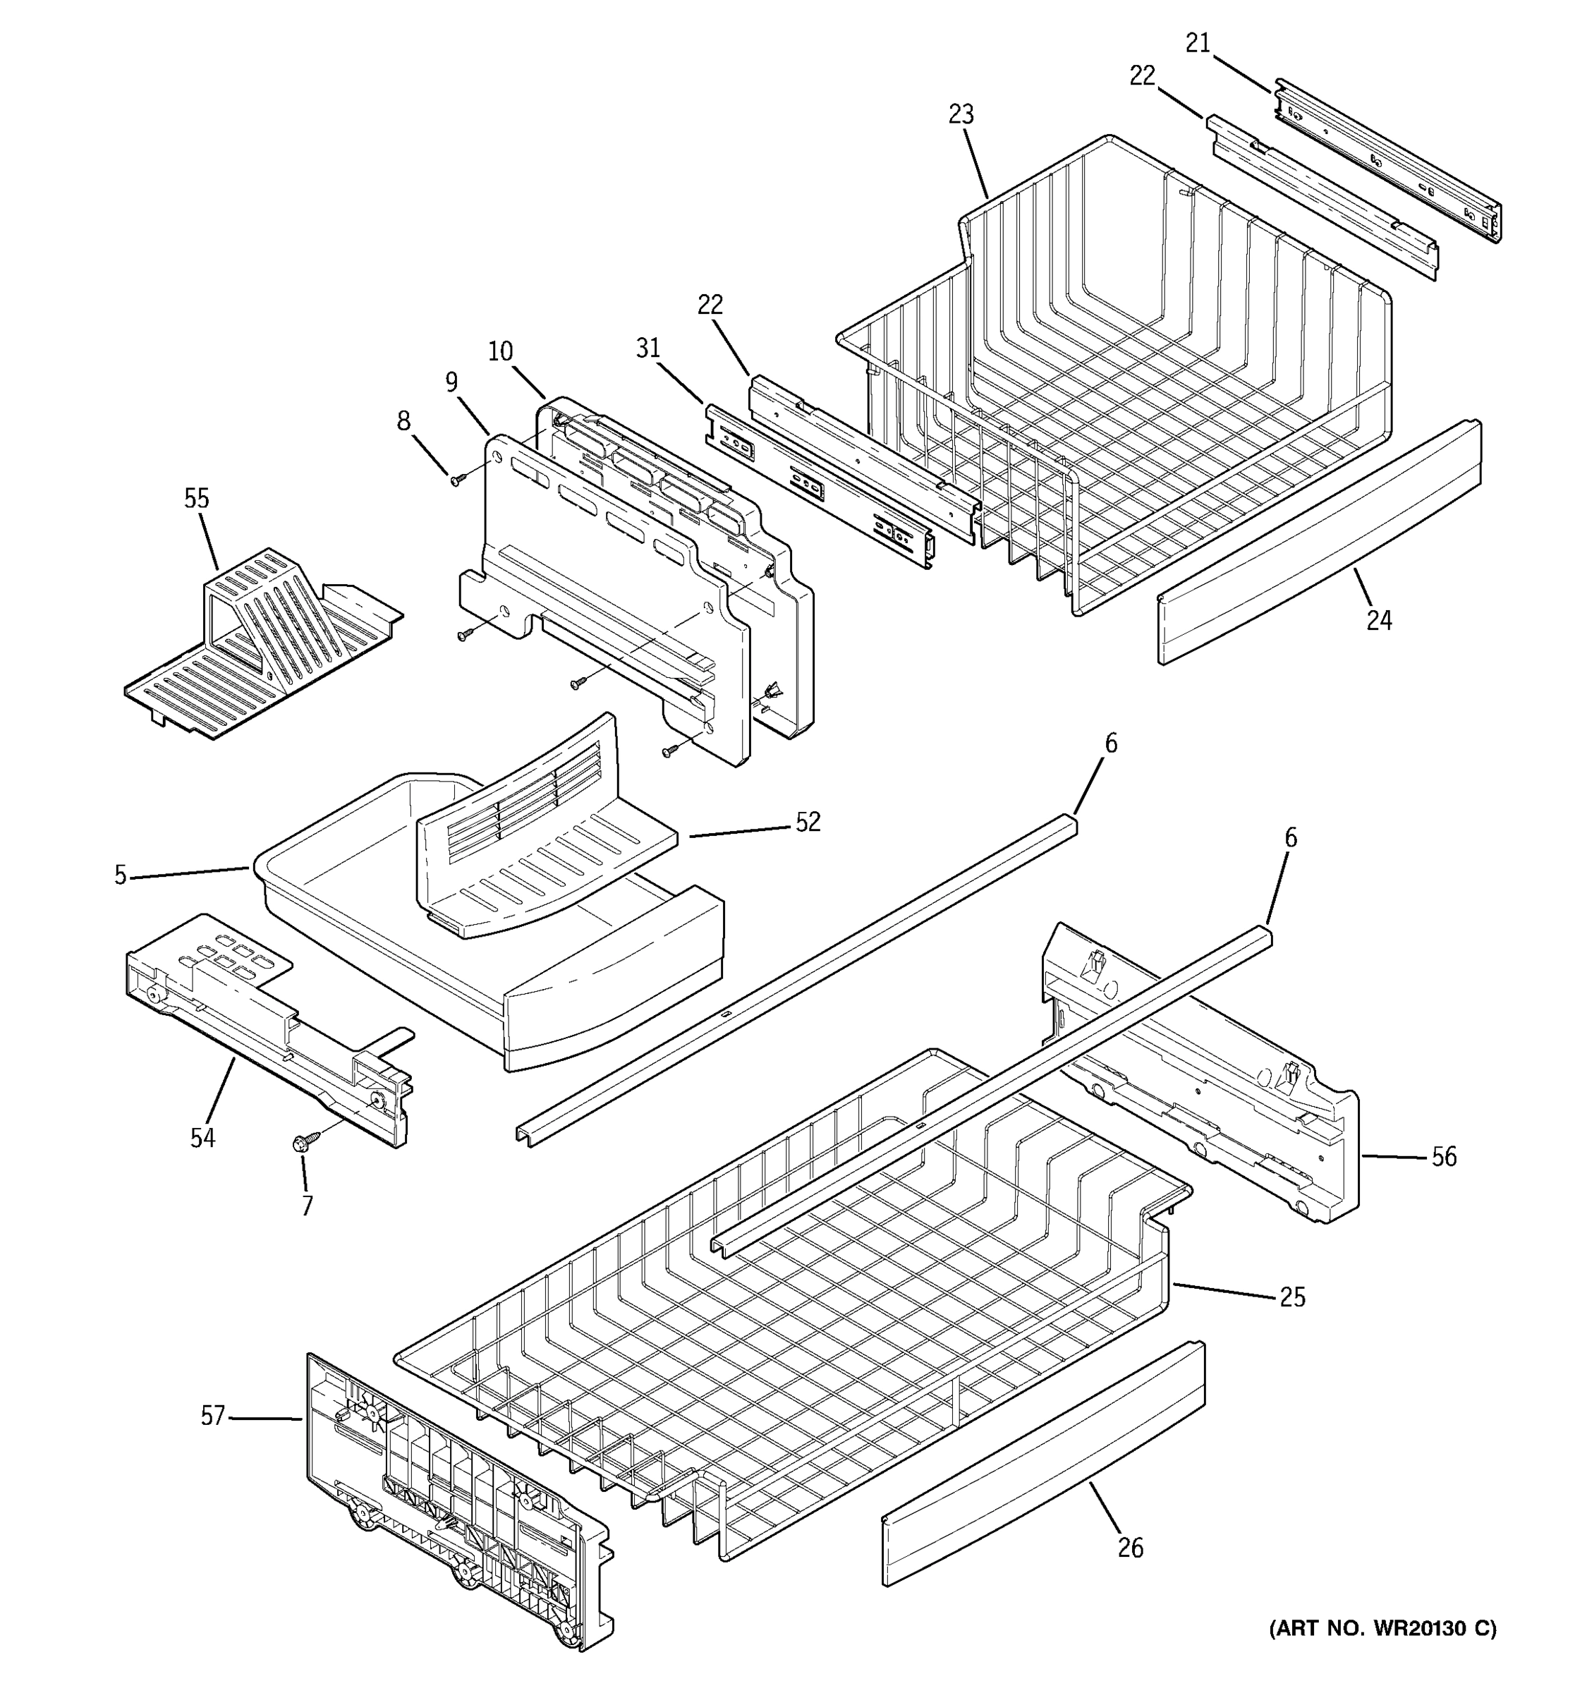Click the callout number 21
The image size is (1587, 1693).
click(1198, 42)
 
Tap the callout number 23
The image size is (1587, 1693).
click(961, 114)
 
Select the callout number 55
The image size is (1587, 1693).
click(197, 498)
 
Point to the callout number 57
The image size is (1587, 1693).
click(213, 1415)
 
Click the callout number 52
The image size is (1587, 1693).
click(808, 822)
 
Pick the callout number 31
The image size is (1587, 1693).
click(648, 348)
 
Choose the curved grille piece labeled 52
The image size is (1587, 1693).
click(528, 843)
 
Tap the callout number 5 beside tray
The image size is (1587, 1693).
click(120, 875)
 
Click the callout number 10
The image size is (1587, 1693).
click(501, 351)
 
